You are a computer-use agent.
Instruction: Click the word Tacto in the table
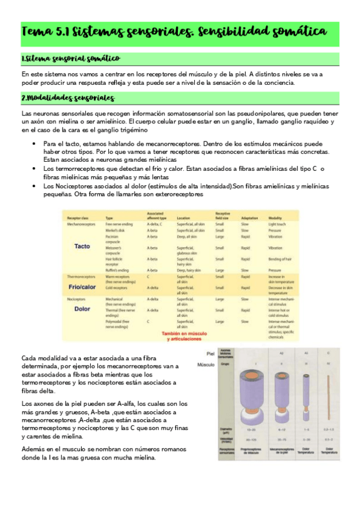[x=82, y=247]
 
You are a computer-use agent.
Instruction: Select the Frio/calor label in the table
[x=82, y=287]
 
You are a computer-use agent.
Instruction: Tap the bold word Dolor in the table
[x=82, y=309]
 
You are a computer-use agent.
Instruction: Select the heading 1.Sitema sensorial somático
[x=70, y=58]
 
